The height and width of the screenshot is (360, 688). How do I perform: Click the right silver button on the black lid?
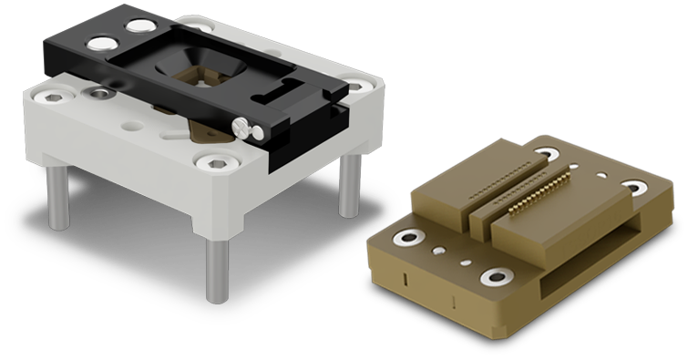pos(140,26)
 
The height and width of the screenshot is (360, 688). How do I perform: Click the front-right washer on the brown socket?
pos(498,276)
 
